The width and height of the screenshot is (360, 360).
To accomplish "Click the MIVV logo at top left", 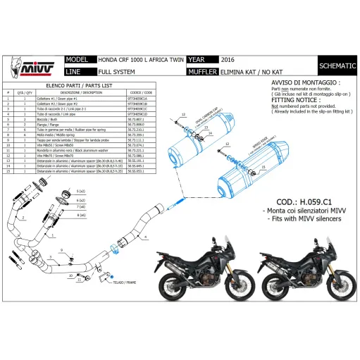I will pos(30,67).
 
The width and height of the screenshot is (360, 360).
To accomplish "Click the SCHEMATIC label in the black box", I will pos(337,66).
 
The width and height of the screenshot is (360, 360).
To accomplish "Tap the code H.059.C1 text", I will pos(304,199).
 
